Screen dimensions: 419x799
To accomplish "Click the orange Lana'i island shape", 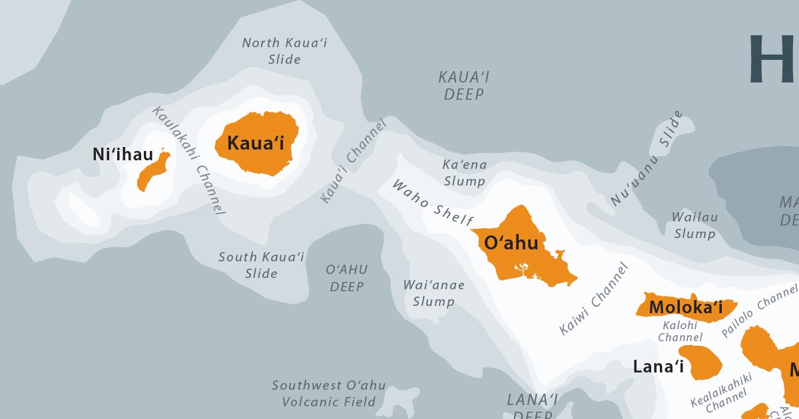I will [703, 362].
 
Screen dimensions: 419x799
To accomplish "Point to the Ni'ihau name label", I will [123, 156].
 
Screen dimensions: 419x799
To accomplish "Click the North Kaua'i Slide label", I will [284, 51].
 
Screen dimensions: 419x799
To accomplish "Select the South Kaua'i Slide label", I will [261, 265].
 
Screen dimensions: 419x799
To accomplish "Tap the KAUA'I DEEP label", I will [464, 86].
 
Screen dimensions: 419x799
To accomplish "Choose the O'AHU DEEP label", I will [347, 278].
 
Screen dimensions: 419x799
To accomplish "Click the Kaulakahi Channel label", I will [189, 160].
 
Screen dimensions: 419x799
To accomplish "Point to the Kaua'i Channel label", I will [353, 162].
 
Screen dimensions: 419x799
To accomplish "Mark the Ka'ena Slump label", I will [465, 172].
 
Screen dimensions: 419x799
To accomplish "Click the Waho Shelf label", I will [433, 202].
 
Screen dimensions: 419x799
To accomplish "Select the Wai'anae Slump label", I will [433, 293].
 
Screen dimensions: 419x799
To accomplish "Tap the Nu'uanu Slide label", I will [647, 158].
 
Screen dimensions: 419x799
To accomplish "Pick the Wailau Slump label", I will [694, 225].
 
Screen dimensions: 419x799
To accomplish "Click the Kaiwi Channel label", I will [594, 299].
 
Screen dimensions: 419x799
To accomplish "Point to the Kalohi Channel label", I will [679, 331].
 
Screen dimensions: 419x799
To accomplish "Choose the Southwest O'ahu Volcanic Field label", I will [329, 394].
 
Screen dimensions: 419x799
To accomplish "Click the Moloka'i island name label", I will [686, 308].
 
